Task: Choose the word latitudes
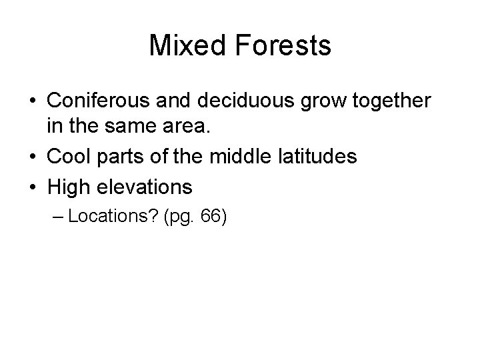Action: [x=317, y=158]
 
